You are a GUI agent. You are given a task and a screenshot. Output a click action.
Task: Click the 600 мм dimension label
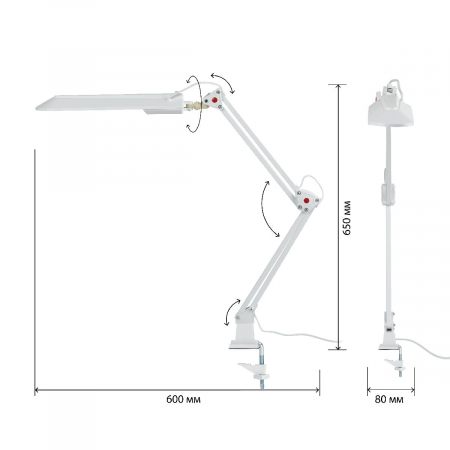[183, 399]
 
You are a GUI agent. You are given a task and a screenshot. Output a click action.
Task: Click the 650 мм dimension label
[347, 218]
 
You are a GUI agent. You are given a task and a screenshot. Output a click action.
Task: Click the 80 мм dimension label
[389, 399]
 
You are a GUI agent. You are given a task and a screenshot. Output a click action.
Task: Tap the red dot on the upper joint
[215, 100]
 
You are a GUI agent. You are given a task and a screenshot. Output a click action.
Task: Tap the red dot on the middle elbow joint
[306, 200]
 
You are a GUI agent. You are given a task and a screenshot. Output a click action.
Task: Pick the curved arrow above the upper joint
[223, 81]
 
